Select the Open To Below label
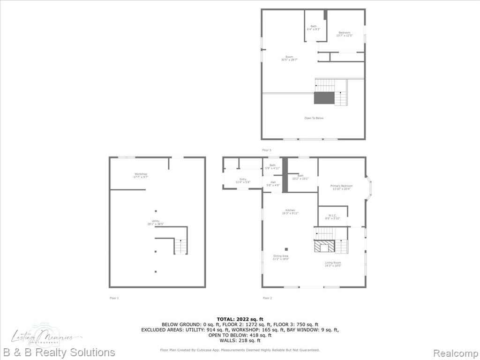pos(314,118)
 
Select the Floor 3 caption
pos(267,150)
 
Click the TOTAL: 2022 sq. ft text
pos(240,319)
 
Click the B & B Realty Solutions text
pos(59,352)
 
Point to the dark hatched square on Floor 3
pos(323,98)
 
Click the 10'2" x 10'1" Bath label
pos(300,177)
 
